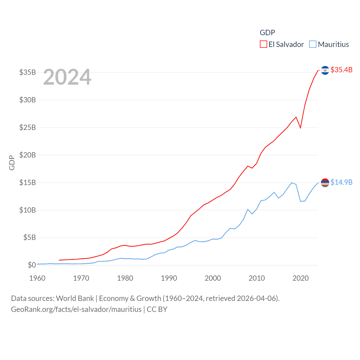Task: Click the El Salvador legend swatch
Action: tap(263, 44)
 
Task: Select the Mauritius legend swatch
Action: tap(313, 44)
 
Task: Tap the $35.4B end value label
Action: tap(341, 70)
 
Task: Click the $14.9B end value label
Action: tap(341, 182)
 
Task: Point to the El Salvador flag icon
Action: tap(325, 70)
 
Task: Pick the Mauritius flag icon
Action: tap(325, 183)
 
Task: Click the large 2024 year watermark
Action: tap(67, 77)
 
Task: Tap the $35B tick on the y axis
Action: tap(28, 72)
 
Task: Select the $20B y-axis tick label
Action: tap(28, 155)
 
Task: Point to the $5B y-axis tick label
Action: tap(30, 238)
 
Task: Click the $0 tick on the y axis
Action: tap(32, 265)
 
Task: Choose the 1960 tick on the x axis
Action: tap(37, 278)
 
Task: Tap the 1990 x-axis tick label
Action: tap(169, 278)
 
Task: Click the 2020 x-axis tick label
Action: tap(301, 278)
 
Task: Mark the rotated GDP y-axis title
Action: tap(12, 163)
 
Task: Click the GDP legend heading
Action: tap(267, 33)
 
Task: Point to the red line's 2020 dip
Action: tap(300, 128)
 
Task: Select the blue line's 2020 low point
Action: tap(300, 201)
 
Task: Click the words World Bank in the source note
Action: tap(75, 298)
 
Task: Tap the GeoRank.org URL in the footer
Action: tap(76, 309)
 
